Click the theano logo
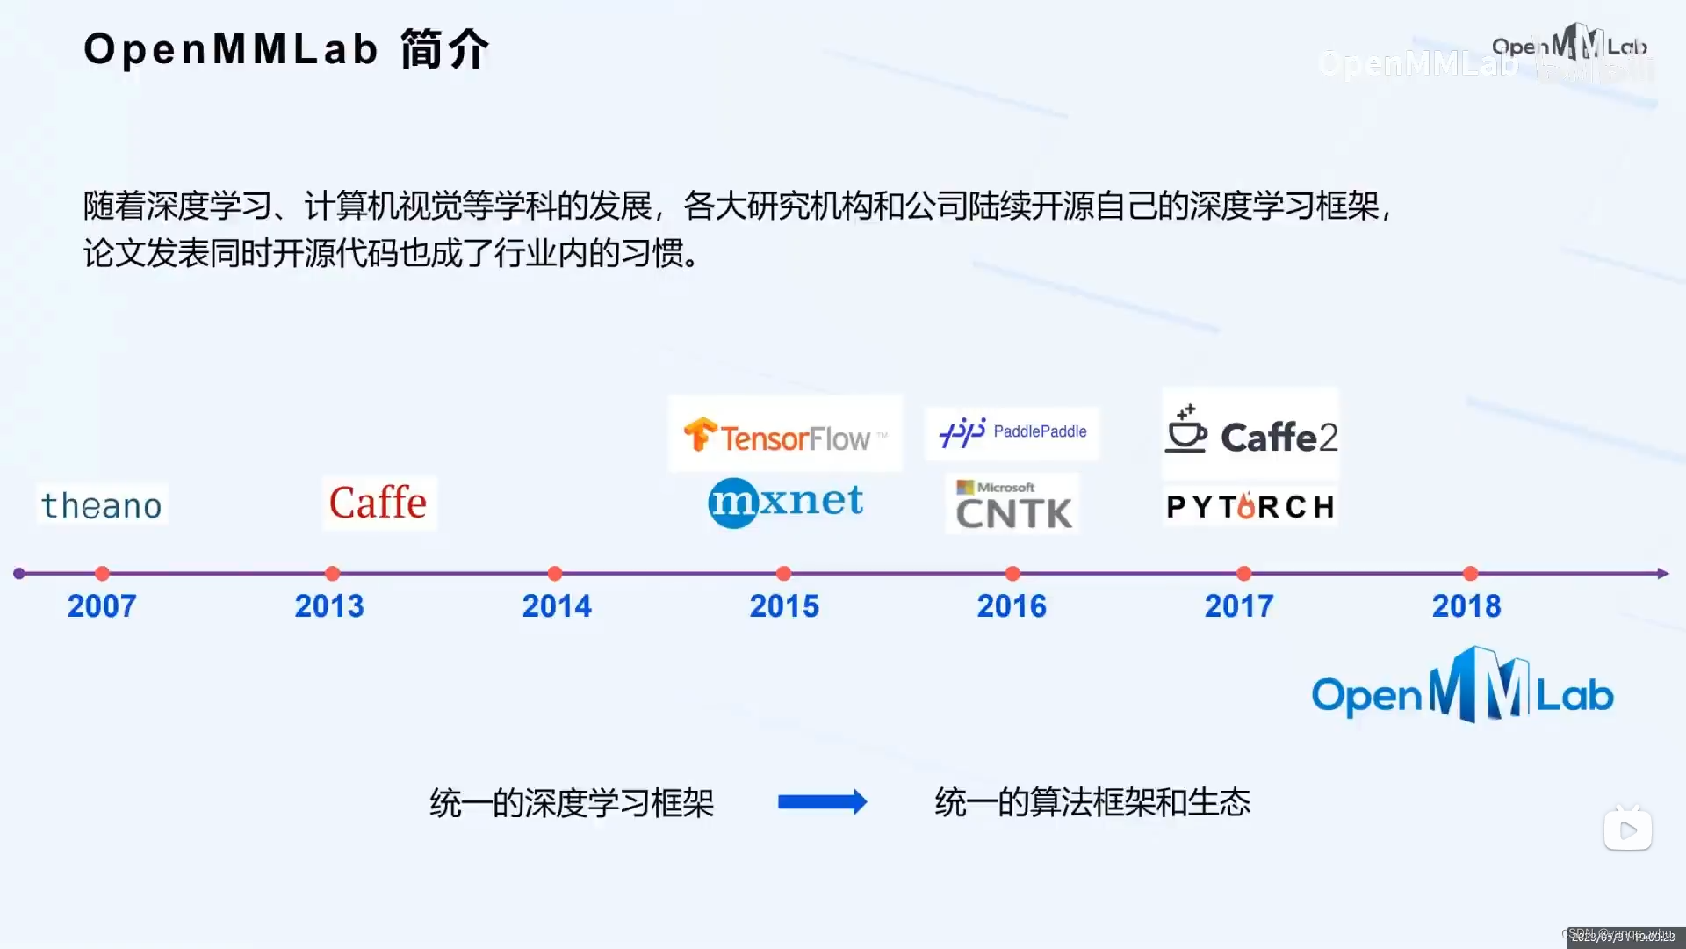102,505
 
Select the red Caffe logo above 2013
378,503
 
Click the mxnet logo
785,503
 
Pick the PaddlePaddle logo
1012,432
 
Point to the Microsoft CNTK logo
1013,504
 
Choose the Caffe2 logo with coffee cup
1250,432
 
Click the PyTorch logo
1250,506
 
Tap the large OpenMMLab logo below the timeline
1462,689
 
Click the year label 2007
102,606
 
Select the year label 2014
557,606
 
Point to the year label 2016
1012,606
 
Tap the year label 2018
1466,606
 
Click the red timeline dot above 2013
332,574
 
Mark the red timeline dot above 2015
784,574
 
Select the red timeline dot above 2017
1243,574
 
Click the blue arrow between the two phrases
822,801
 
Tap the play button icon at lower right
1628,829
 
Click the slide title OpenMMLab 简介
285,49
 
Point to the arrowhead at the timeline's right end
1662,574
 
